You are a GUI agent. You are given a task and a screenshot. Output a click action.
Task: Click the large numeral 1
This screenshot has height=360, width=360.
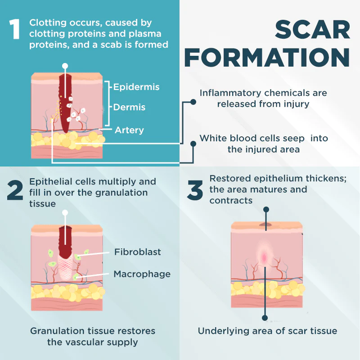(14, 29)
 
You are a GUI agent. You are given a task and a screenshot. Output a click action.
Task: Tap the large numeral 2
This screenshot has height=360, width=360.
(15, 190)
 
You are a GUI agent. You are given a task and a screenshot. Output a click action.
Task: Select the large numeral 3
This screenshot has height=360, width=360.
(195, 190)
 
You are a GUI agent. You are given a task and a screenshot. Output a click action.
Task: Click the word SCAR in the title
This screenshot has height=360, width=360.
(312, 30)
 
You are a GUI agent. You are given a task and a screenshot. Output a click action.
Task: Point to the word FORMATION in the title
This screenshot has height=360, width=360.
(267, 58)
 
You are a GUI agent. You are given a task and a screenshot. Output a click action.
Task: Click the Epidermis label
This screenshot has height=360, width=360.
(136, 87)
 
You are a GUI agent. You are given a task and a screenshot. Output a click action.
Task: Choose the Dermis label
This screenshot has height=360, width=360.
(129, 107)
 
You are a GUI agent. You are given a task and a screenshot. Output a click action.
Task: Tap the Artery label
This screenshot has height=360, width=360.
(129, 130)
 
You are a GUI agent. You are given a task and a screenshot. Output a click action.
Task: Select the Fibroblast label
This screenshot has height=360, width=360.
(138, 252)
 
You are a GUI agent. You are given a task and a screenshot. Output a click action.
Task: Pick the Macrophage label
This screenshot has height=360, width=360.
(142, 274)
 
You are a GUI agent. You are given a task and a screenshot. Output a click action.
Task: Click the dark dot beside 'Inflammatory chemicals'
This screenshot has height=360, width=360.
(193, 102)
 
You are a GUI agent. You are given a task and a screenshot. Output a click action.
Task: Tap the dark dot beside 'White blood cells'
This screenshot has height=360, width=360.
(193, 144)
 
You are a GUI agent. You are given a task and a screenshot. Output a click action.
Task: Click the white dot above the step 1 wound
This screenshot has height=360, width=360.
(65, 66)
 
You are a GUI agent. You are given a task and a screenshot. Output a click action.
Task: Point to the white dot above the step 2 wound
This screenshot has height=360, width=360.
(65, 212)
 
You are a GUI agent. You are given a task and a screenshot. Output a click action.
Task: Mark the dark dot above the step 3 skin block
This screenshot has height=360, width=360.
(266, 209)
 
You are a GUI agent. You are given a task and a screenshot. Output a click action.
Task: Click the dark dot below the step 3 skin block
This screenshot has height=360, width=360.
(265, 318)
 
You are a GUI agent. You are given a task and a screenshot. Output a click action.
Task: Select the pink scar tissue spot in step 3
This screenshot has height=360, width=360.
(264, 257)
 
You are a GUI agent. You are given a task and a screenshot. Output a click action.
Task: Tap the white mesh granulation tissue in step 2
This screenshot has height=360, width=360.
(66, 267)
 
